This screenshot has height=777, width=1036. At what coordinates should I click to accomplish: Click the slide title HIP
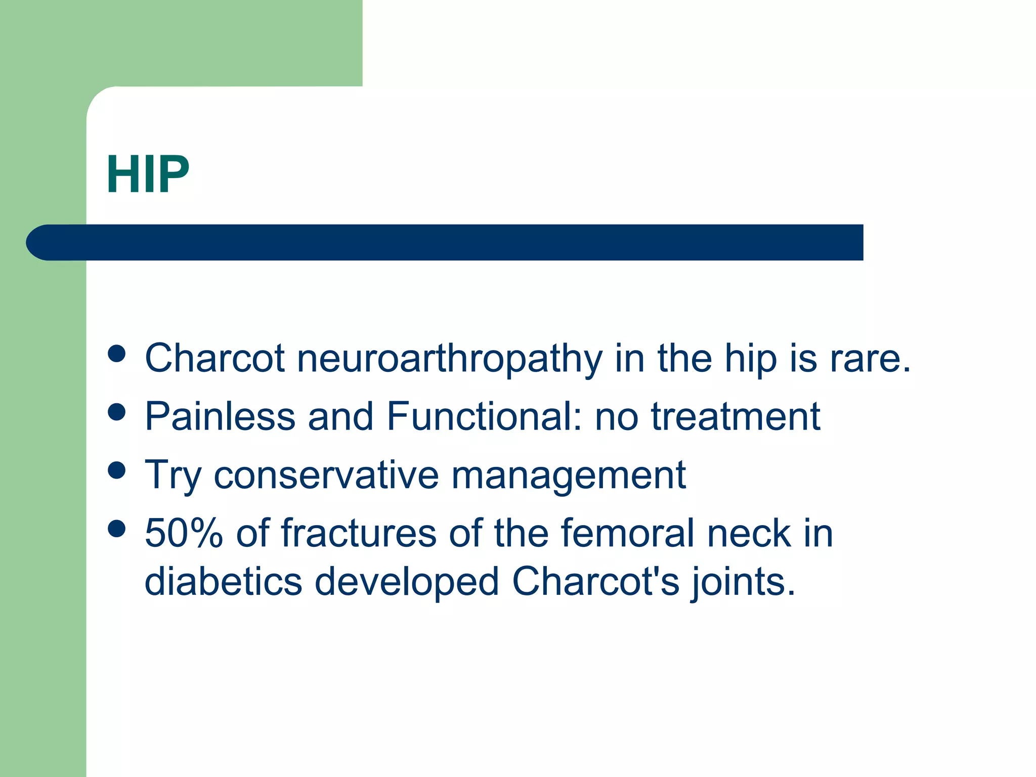click(148, 175)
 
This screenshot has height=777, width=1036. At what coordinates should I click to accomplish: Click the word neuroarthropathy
click(449, 359)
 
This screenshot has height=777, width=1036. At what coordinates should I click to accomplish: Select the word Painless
click(220, 417)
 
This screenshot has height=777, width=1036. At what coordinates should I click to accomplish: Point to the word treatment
click(735, 417)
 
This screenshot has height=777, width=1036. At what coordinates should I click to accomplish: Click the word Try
click(173, 476)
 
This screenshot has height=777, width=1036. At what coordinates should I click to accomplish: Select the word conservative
click(326, 476)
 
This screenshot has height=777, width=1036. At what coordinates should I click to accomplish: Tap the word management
click(568, 476)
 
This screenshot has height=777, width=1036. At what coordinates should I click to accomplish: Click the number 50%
click(184, 534)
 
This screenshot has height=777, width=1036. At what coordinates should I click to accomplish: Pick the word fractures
click(359, 534)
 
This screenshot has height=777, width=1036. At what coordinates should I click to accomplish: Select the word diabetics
click(223, 582)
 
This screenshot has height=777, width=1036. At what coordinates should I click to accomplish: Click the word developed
click(407, 582)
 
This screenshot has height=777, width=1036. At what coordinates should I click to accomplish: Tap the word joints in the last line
click(742, 582)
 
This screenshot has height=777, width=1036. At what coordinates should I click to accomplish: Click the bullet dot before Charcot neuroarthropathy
click(117, 354)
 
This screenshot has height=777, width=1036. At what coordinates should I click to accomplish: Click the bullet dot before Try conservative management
click(117, 470)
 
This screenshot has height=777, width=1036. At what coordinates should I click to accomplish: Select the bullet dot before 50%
click(117, 529)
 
